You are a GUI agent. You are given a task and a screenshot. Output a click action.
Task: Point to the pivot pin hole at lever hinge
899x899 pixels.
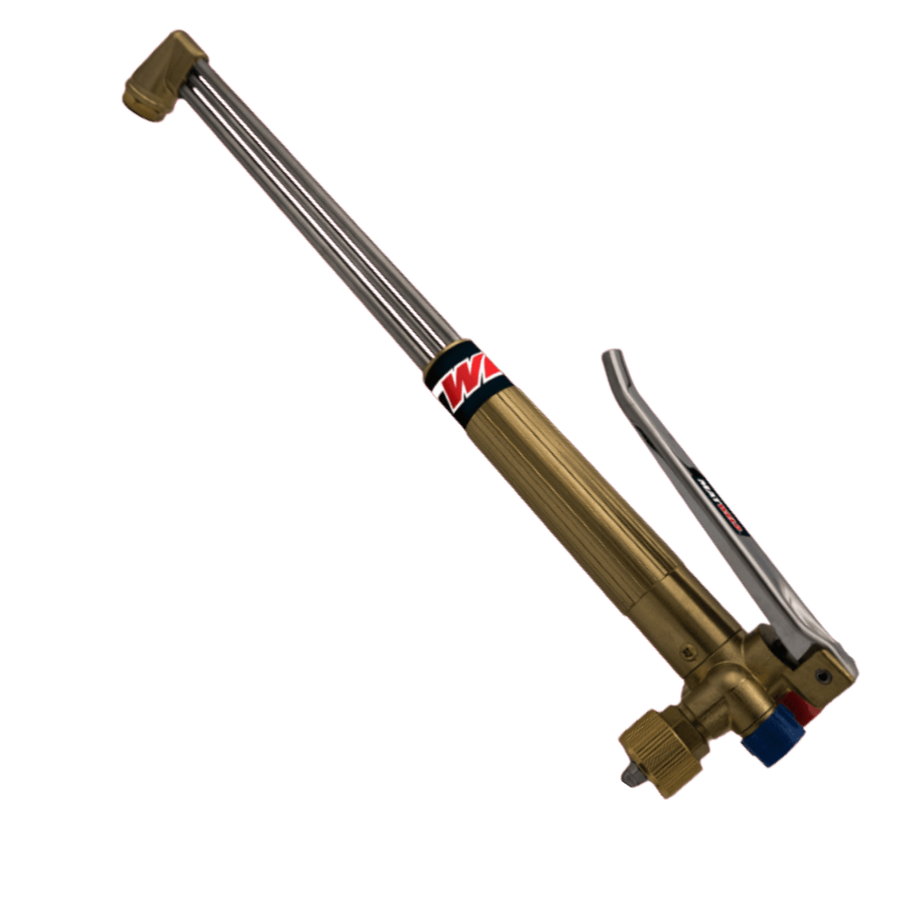pyautogui.click(x=823, y=675)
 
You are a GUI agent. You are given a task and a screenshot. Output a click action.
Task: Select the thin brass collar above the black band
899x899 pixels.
pyautogui.click(x=438, y=356)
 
